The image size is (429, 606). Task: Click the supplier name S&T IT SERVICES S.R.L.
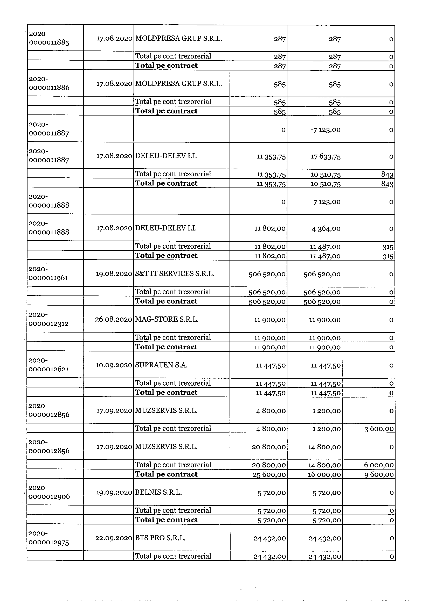(x=175, y=274)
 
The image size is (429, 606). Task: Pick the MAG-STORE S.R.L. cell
(x=167, y=319)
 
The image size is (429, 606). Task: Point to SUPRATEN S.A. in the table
(x=161, y=365)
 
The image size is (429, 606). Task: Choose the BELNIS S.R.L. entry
(x=158, y=493)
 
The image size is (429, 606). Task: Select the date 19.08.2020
(x=114, y=274)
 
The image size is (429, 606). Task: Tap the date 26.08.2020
(x=113, y=319)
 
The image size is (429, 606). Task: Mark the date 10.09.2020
(x=114, y=365)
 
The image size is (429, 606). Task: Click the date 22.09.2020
(x=114, y=538)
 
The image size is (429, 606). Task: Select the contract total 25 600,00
(x=269, y=474)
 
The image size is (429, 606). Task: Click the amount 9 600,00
(x=379, y=474)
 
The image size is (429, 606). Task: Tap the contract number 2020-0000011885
(x=49, y=38)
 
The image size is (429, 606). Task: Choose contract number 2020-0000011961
(x=48, y=273)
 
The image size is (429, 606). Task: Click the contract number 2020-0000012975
(x=49, y=538)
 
